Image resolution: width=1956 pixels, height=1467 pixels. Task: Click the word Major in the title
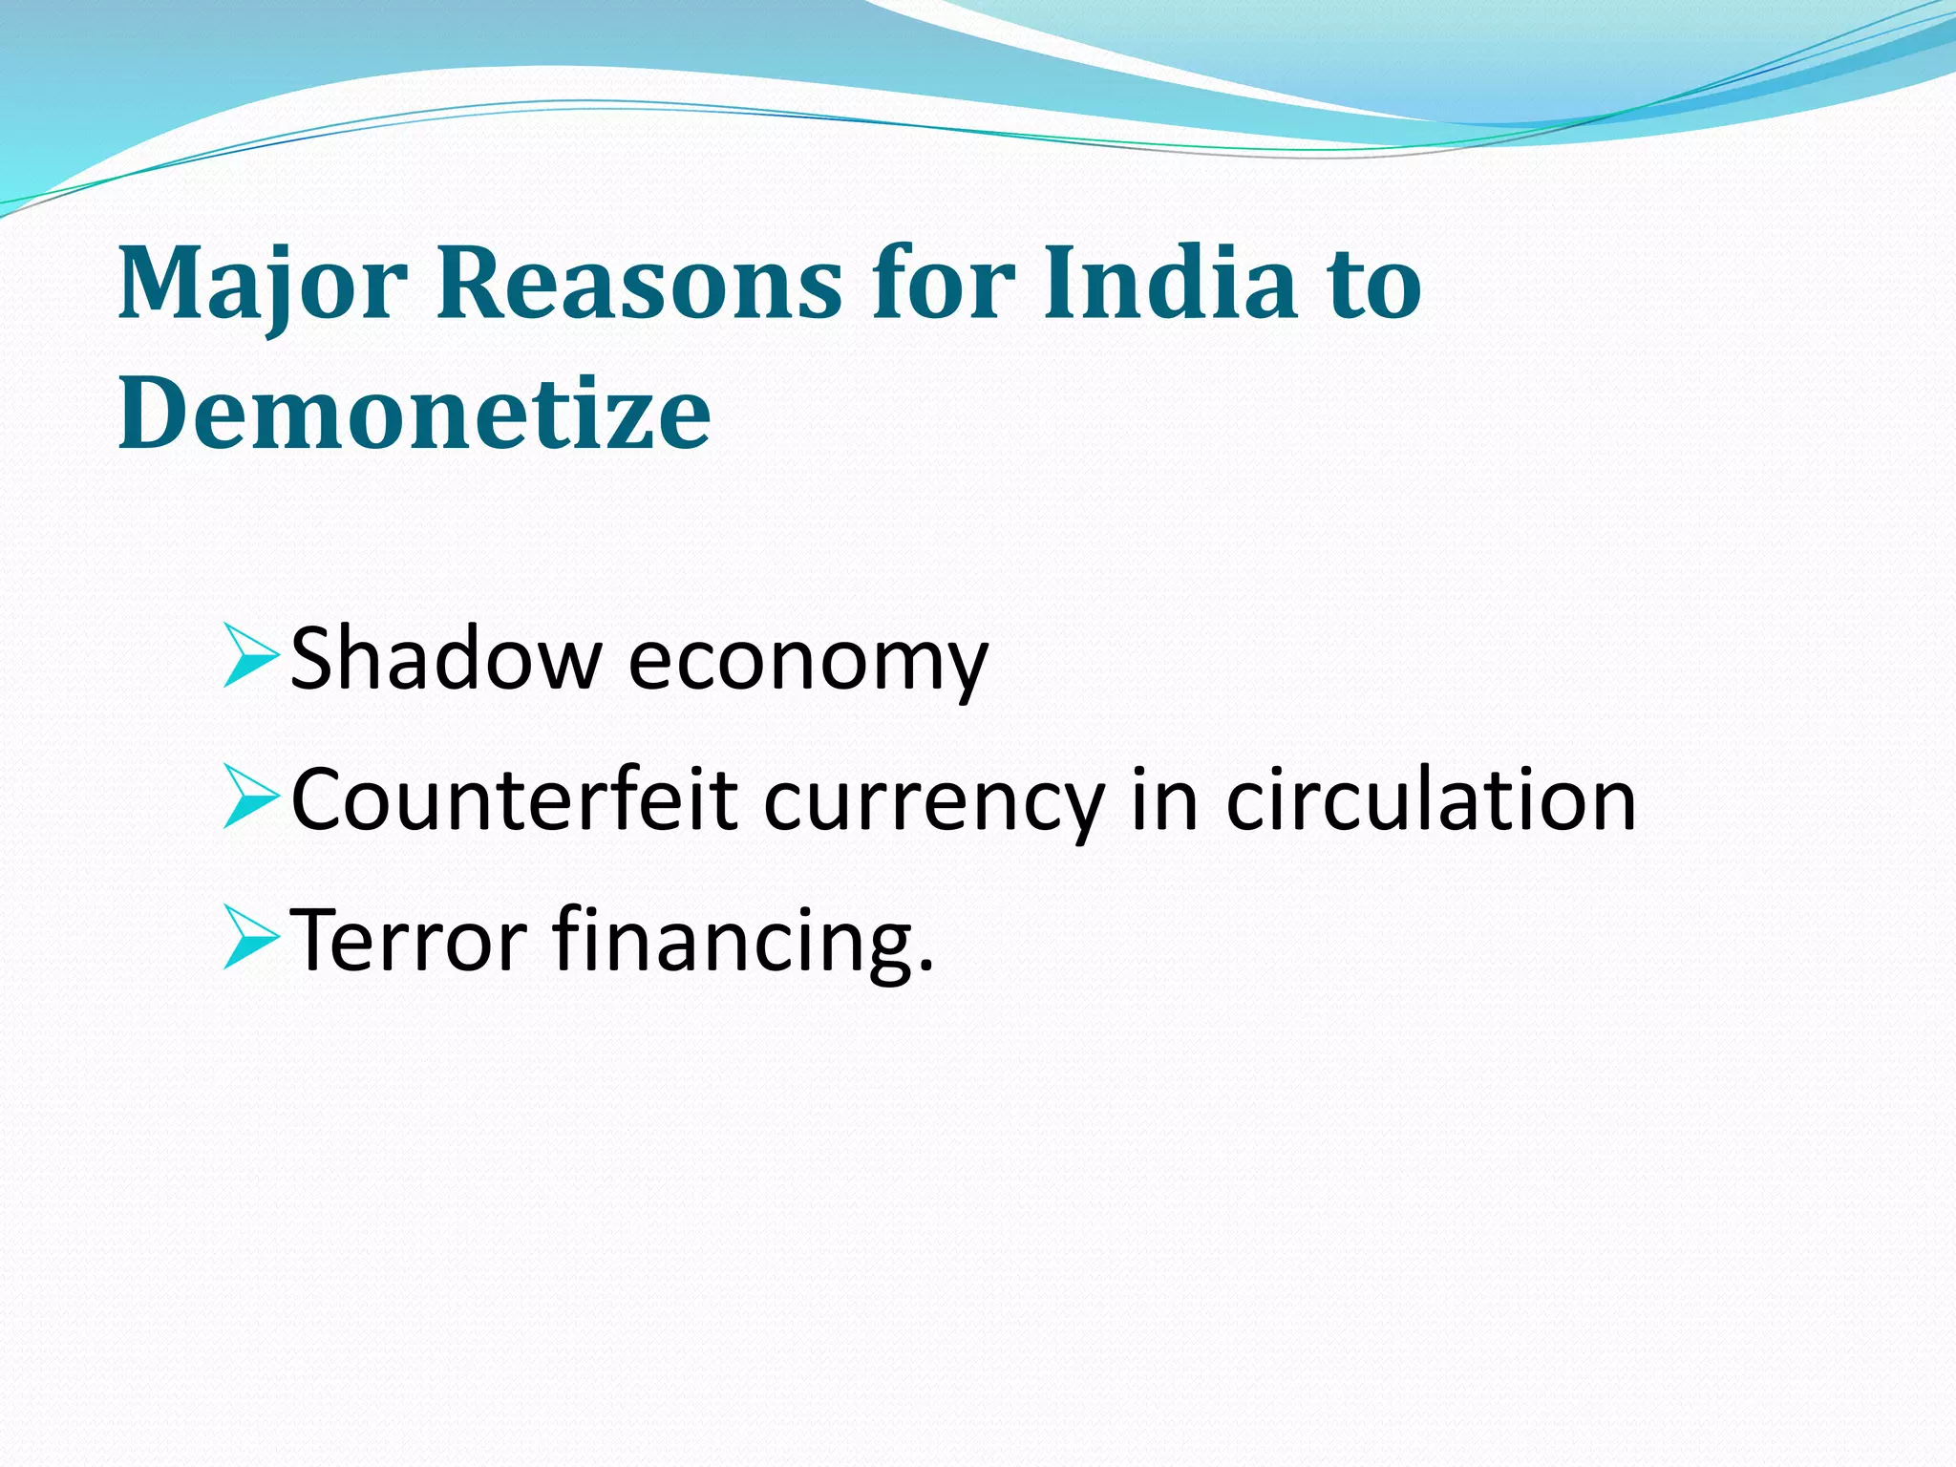coord(263,284)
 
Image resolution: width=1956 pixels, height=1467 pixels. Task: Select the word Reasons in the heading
coord(639,284)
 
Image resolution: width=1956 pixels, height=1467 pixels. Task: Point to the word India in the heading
coord(1170,284)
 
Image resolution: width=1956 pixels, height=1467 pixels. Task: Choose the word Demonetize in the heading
coord(415,414)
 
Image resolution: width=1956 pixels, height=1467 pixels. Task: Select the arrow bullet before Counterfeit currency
coord(249,796)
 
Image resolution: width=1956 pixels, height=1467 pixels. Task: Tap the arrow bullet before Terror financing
coord(249,937)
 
